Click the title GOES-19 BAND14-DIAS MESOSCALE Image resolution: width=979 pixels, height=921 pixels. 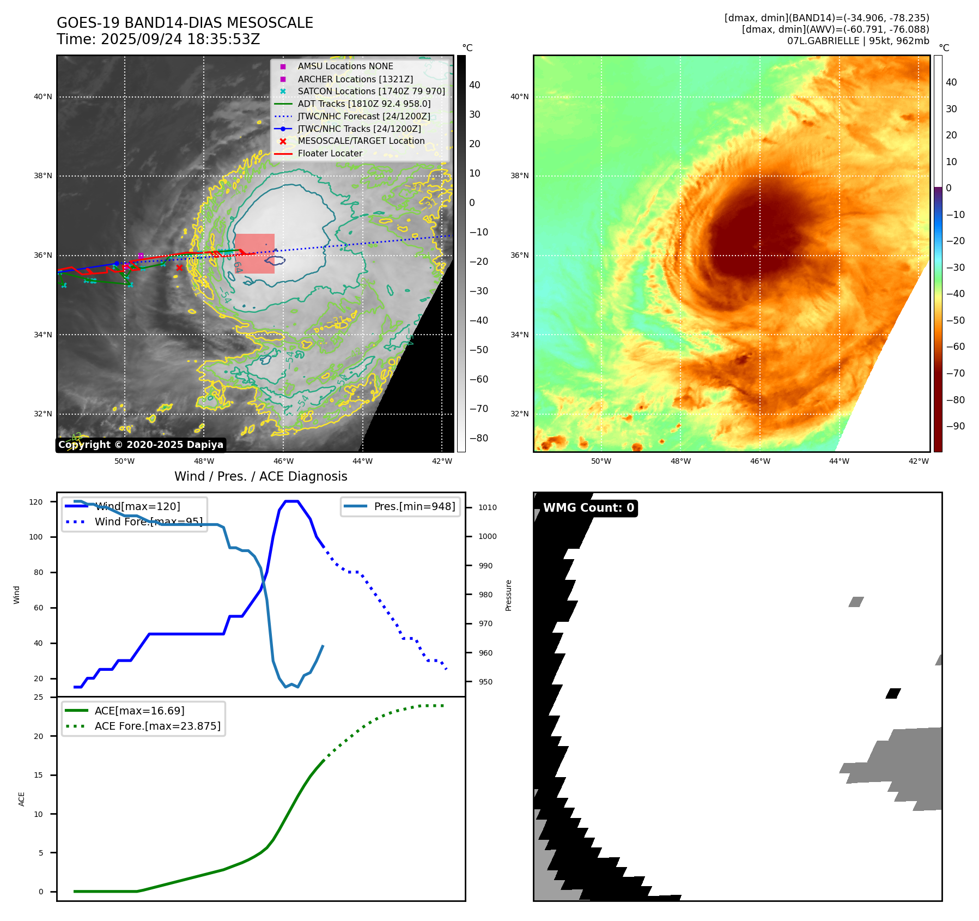[185, 23]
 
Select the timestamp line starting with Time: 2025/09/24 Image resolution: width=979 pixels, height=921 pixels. [158, 39]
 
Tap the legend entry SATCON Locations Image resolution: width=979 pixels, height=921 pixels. [371, 91]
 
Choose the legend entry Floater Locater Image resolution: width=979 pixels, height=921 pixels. [330, 154]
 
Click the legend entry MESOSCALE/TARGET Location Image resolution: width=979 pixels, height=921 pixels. [361, 141]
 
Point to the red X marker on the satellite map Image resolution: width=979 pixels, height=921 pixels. [179, 268]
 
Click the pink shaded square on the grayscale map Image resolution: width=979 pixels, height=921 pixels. [254, 253]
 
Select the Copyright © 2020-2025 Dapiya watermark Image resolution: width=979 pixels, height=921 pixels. [141, 445]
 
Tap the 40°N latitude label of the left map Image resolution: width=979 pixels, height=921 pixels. [43, 97]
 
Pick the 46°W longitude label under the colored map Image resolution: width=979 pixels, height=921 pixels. [760, 461]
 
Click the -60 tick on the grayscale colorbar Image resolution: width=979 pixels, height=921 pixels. [479, 379]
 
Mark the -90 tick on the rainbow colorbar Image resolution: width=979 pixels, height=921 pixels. [955, 426]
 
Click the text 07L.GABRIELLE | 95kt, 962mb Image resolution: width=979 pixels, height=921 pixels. [858, 41]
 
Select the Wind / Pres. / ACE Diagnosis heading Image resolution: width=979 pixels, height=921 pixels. [260, 476]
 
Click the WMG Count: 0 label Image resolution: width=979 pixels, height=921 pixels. [588, 508]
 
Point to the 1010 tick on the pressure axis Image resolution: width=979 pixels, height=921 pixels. [487, 507]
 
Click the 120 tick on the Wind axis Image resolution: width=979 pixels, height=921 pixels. [36, 502]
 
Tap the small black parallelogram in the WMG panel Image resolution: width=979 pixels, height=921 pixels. [893, 693]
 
